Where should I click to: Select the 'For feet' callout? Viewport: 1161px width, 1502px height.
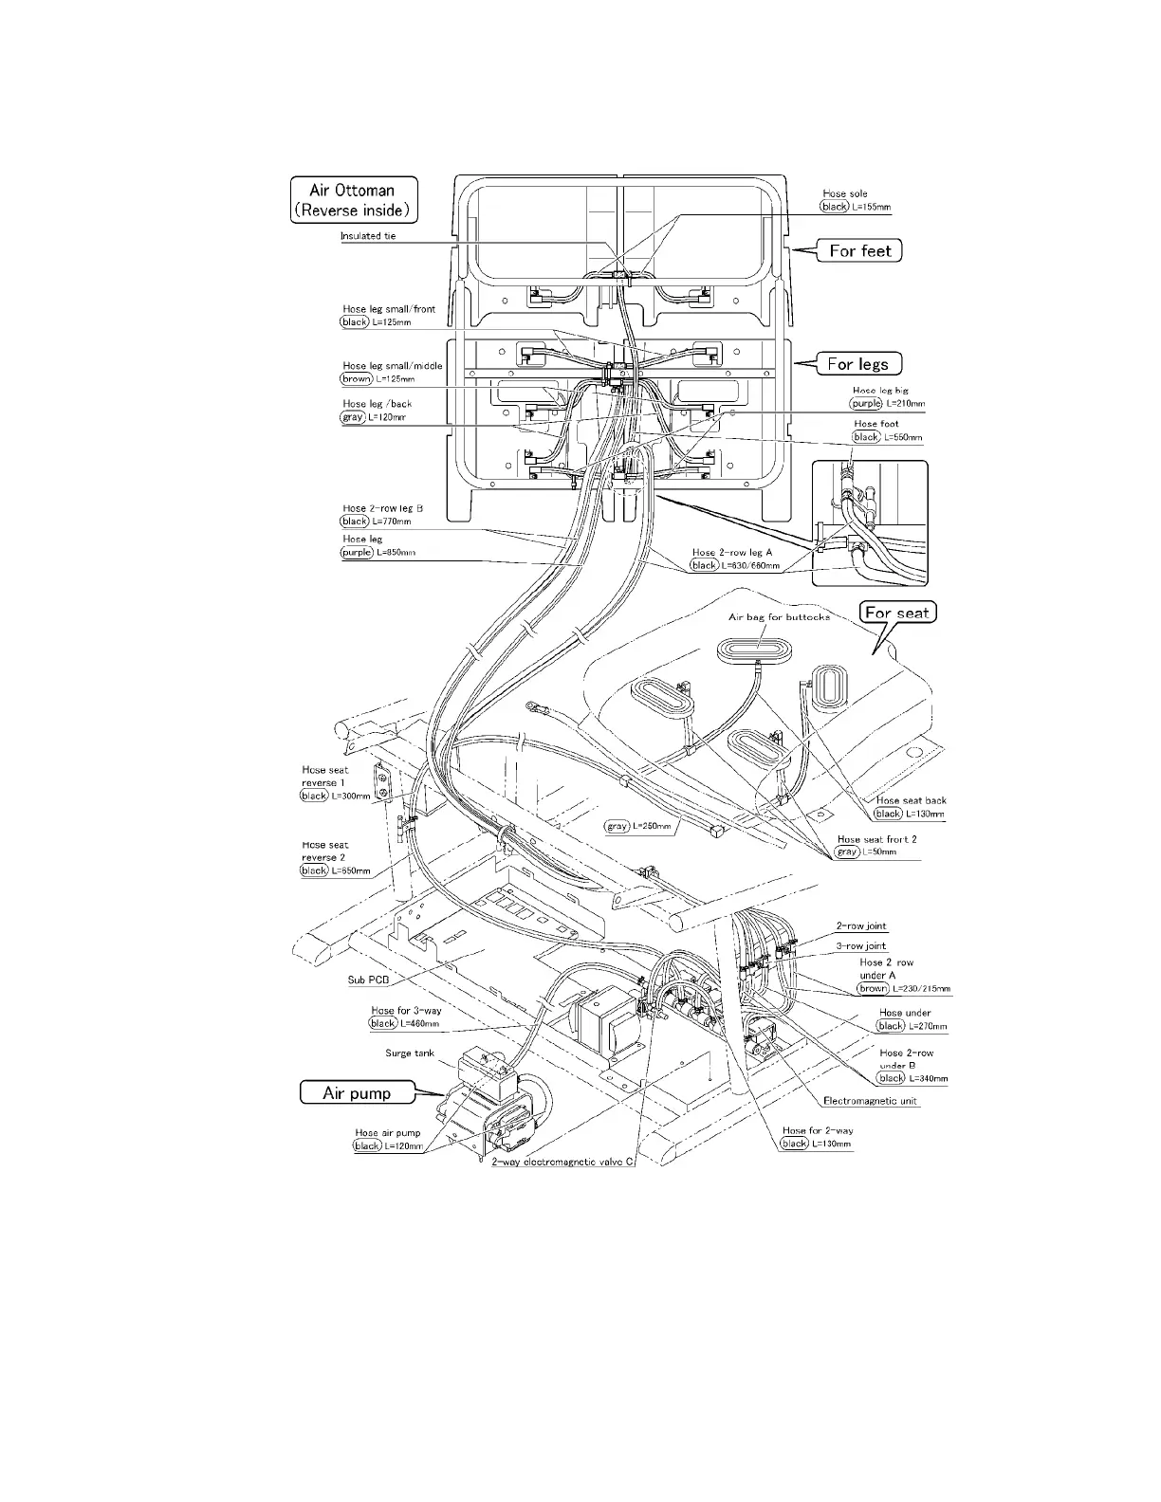[860, 250]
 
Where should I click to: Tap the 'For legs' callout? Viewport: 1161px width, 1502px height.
[857, 364]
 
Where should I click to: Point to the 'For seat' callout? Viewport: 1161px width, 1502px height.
[896, 613]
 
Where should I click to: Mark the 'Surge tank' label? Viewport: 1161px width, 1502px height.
[410, 1053]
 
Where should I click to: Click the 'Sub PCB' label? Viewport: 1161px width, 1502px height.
[368, 980]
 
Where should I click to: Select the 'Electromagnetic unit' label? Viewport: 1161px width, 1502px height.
[871, 1101]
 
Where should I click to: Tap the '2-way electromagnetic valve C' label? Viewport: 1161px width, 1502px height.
[562, 1163]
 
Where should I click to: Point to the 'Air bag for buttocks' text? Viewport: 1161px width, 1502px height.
[779, 617]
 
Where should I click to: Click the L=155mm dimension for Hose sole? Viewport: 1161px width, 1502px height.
[871, 207]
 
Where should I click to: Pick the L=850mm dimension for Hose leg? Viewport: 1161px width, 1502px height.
[396, 553]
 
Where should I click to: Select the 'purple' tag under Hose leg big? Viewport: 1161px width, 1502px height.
[866, 404]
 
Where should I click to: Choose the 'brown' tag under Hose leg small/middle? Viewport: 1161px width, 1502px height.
[357, 379]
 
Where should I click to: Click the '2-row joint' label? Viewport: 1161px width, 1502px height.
[861, 926]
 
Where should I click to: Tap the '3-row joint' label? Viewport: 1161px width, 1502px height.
[861, 946]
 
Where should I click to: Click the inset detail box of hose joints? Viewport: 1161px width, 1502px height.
[870, 522]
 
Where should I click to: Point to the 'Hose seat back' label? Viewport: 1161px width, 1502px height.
[912, 801]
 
